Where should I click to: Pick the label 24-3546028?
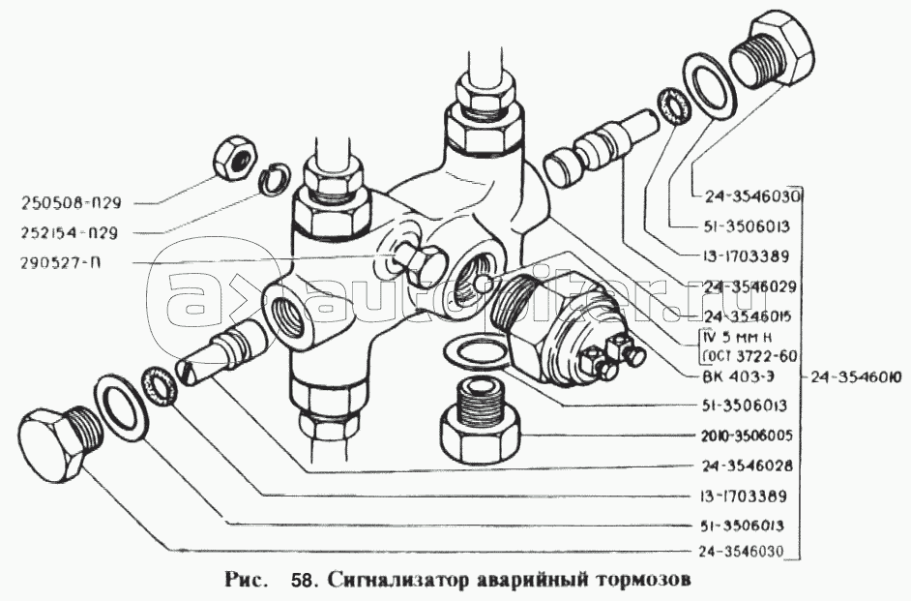pyautogui.click(x=738, y=466)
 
